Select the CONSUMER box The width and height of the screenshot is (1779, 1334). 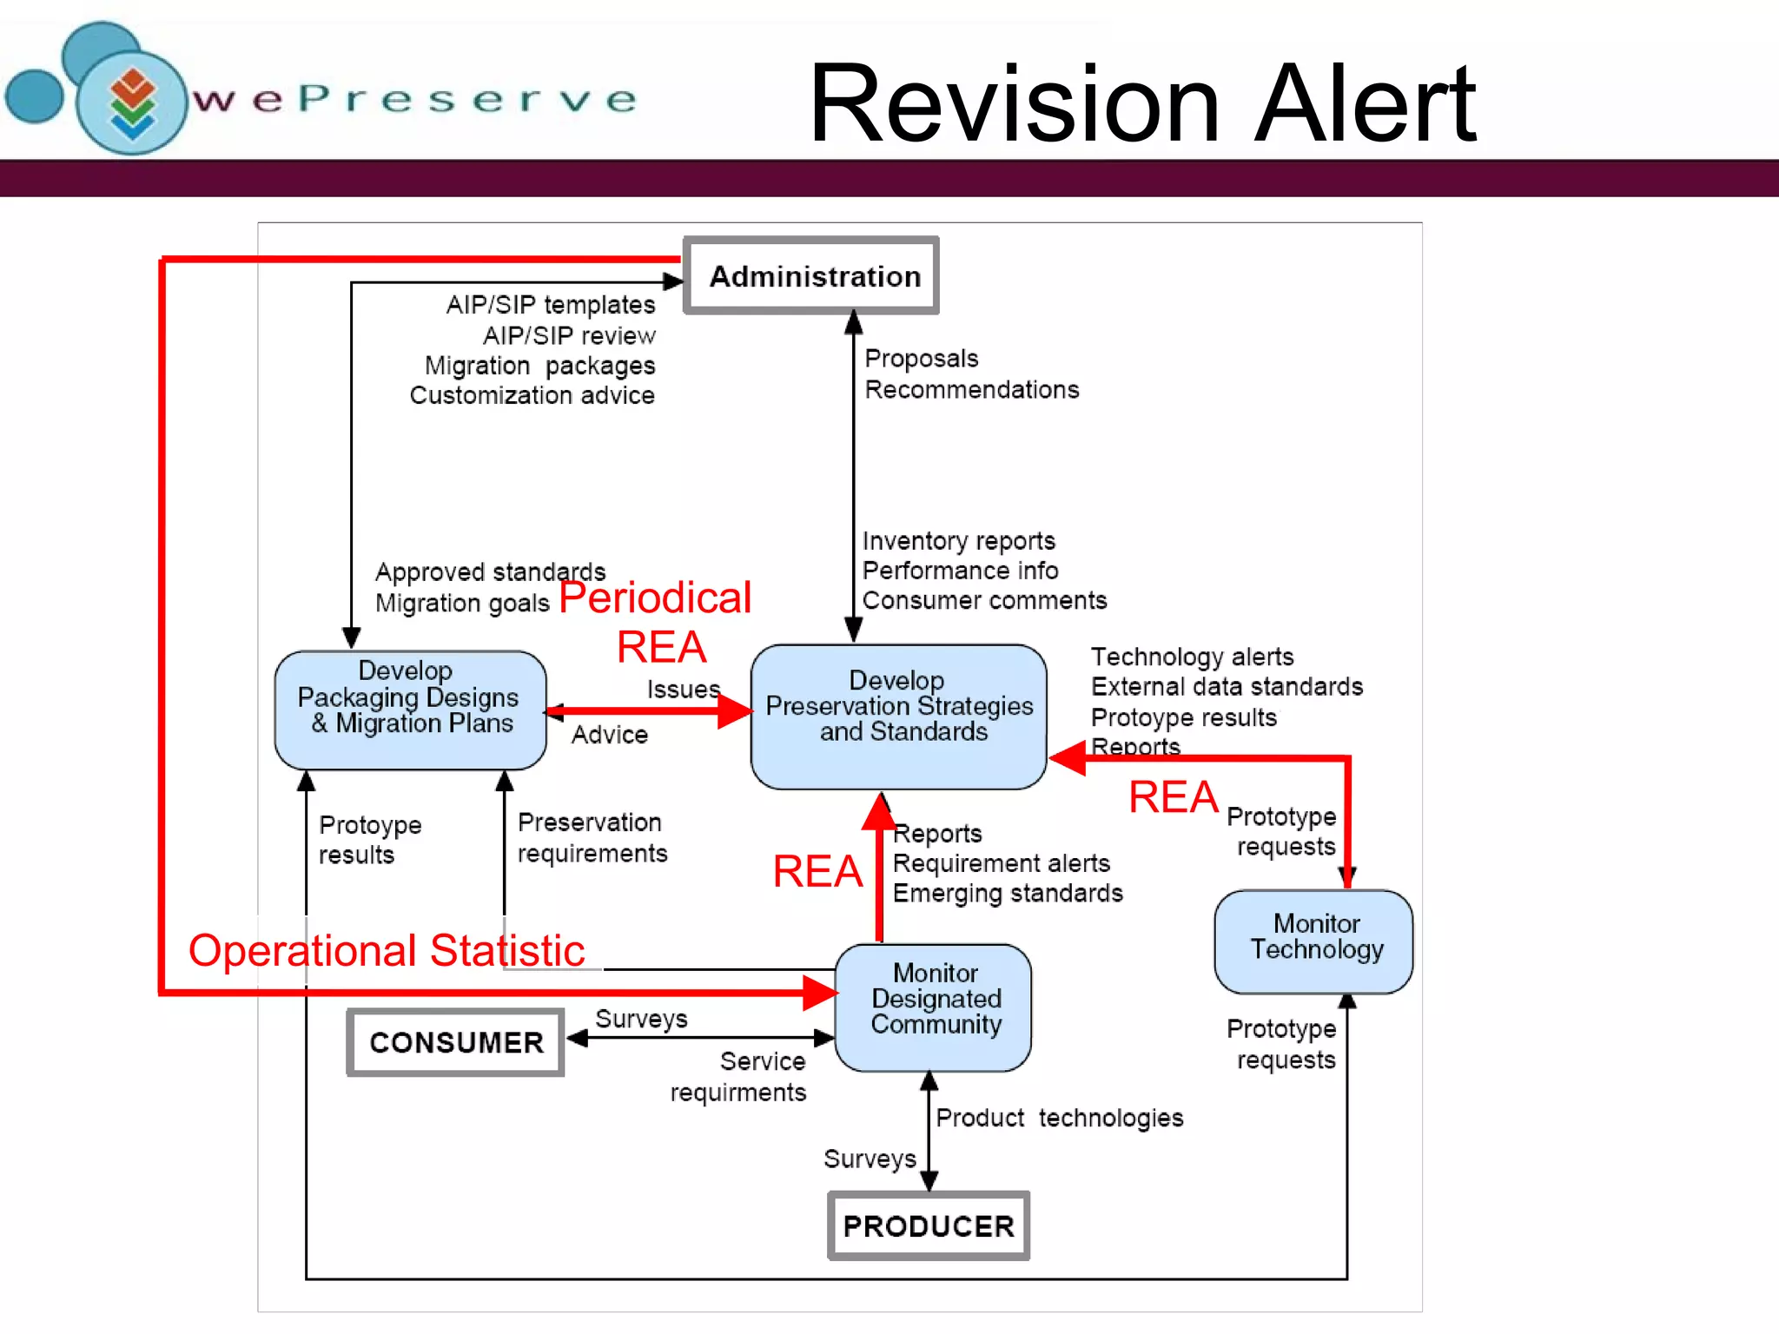click(456, 1042)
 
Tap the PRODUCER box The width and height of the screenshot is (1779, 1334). click(929, 1225)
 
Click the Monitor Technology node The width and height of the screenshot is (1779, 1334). click(1314, 941)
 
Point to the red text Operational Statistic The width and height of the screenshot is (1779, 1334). click(387, 950)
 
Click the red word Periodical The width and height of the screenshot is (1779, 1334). click(655, 598)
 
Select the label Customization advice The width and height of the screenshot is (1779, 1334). click(532, 396)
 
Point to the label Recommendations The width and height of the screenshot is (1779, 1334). click(972, 390)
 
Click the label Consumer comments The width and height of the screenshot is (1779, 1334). click(984, 601)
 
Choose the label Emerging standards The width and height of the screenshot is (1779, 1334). click(1008, 894)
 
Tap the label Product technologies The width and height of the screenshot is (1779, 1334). click(1059, 1118)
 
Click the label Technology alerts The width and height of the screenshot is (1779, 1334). click(1192, 657)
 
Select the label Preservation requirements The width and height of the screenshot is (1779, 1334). click(592, 837)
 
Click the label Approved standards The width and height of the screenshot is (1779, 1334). click(490, 572)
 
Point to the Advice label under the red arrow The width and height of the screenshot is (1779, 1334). click(610, 735)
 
